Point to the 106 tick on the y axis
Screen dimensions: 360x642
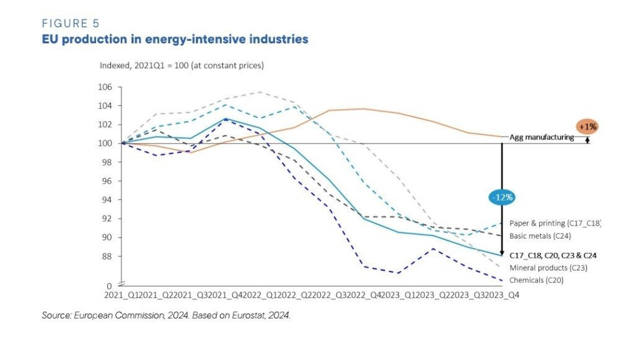104,87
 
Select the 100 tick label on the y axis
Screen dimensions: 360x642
104,143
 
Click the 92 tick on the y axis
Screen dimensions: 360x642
106,219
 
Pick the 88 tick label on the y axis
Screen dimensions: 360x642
106,257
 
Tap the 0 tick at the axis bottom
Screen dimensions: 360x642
110,286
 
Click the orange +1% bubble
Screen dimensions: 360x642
586,126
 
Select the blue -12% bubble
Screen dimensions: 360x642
501,198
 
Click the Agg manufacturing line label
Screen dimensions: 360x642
541,137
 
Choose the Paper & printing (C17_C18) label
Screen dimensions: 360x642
555,223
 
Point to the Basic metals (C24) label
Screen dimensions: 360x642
540,236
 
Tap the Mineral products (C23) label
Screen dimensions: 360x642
548,268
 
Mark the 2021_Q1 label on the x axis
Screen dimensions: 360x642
123,296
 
